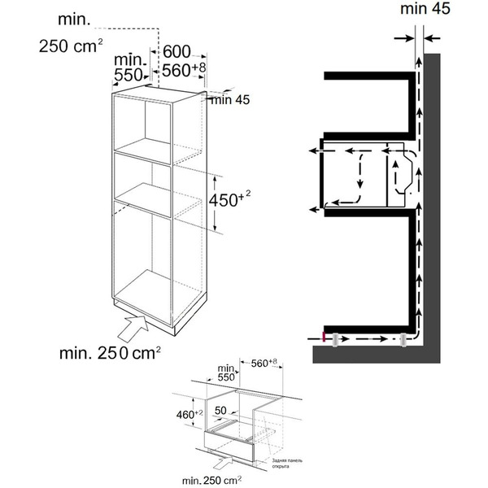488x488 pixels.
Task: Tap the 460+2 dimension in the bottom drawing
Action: click(187, 415)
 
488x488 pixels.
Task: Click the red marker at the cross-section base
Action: click(325, 338)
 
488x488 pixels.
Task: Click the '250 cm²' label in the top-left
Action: click(70, 46)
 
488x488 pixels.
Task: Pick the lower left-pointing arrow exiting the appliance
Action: click(313, 210)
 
